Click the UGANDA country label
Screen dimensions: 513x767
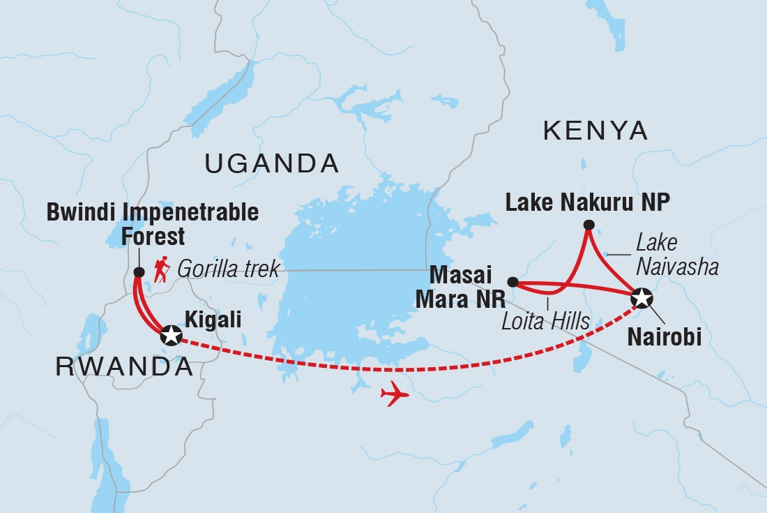point(271,164)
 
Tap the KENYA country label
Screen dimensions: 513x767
point(595,131)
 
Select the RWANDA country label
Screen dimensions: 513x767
point(125,368)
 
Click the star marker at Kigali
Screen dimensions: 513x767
point(171,336)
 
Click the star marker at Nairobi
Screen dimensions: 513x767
point(641,298)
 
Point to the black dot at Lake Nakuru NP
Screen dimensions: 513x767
point(589,225)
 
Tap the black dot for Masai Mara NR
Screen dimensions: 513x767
point(512,282)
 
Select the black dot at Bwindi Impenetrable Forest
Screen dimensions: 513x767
point(137,272)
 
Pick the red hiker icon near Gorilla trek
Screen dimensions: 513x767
point(162,269)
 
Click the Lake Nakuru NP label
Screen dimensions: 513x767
point(587,202)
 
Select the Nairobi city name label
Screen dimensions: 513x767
point(664,338)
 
